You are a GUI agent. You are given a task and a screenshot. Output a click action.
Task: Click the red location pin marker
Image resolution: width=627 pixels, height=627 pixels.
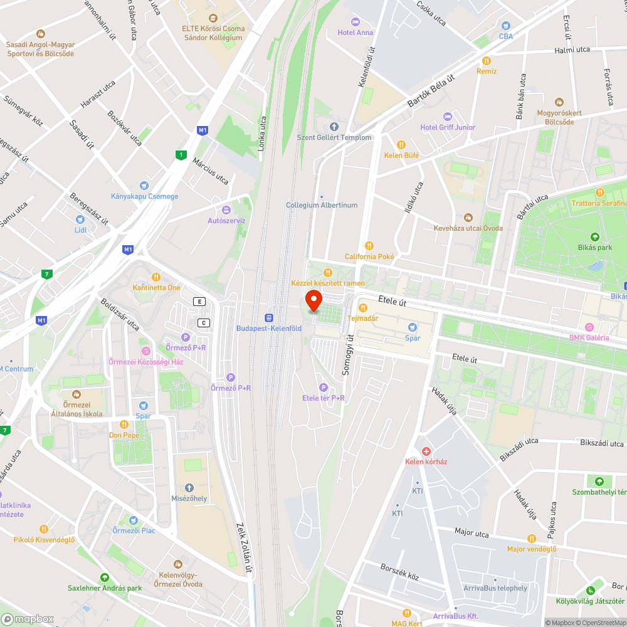click(x=313, y=301)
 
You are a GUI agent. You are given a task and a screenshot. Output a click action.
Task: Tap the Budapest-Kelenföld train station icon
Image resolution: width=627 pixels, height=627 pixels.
click(x=269, y=318)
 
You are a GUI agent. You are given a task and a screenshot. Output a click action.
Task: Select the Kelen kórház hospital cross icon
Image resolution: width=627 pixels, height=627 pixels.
click(x=426, y=451)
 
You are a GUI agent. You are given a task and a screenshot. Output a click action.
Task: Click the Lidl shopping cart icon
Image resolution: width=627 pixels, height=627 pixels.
click(x=80, y=219)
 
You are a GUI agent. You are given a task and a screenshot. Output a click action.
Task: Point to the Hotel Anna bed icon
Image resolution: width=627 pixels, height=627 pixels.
click(x=356, y=22)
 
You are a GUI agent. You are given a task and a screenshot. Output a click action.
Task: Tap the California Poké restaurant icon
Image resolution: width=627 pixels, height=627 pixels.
click(x=369, y=246)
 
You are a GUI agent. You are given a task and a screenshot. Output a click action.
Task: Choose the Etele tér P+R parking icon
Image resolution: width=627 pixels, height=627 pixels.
click(x=323, y=387)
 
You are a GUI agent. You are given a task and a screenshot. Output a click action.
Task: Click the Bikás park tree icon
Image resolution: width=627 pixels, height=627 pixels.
click(x=594, y=237)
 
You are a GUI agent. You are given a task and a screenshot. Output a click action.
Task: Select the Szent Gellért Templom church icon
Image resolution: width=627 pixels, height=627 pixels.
click(x=334, y=127)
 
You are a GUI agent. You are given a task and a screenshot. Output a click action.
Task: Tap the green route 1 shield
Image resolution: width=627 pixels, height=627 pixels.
click(x=181, y=155)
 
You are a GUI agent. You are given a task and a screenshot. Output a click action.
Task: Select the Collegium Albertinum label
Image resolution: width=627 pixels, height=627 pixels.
click(x=322, y=205)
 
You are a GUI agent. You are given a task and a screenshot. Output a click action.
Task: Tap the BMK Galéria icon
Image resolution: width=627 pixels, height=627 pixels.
click(x=589, y=327)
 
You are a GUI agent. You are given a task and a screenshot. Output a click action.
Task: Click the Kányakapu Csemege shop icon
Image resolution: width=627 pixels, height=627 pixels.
click(x=144, y=186)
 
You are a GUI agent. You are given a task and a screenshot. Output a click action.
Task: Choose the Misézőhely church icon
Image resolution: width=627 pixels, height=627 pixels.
click(x=189, y=488)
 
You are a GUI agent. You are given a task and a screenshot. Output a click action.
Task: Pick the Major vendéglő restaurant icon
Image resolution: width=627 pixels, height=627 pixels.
click(x=532, y=539)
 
